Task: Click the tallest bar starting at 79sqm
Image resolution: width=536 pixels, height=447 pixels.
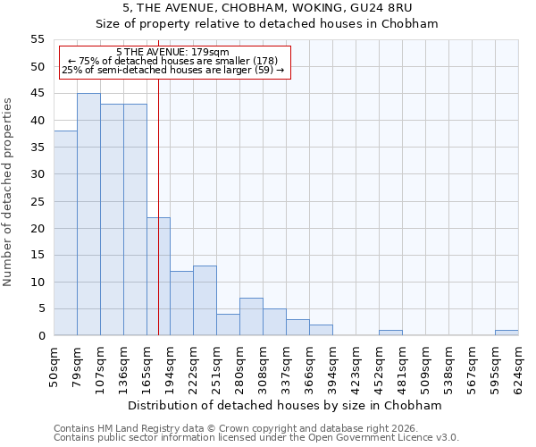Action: tap(88, 215)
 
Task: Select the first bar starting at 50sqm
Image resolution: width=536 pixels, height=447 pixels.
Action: tap(65, 233)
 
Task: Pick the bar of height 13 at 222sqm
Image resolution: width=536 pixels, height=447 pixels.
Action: tap(205, 300)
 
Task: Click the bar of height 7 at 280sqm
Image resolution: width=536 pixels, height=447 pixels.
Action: tap(251, 316)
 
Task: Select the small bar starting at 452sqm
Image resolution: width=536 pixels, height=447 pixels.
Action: tap(390, 333)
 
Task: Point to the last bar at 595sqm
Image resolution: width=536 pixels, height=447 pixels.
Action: tap(507, 333)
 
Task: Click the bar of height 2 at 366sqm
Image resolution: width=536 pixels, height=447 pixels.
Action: tap(321, 330)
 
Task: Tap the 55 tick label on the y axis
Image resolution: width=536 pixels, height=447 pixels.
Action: tap(37, 39)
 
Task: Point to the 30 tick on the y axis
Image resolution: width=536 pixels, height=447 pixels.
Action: tap(37, 174)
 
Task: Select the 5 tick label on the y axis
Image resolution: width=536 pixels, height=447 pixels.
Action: tap(40, 309)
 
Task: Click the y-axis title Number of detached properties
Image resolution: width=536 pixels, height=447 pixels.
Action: tap(9, 192)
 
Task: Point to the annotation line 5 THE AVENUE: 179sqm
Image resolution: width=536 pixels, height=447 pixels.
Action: tap(172, 52)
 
